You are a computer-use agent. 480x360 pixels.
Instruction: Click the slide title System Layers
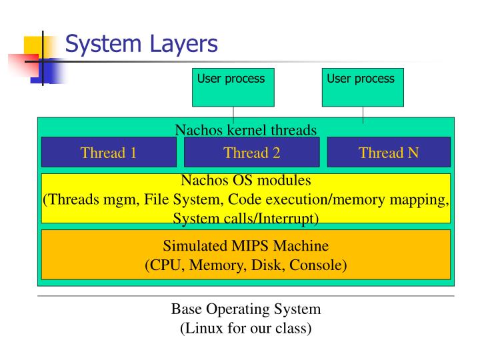coord(141,45)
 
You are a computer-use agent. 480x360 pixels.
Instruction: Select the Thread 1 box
coord(109,153)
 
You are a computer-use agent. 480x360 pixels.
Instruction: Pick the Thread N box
coord(389,153)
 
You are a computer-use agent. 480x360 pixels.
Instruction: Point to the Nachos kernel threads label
coord(245,129)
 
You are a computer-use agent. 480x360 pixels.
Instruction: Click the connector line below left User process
coord(233,115)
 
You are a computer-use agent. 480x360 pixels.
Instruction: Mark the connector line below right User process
coord(363,115)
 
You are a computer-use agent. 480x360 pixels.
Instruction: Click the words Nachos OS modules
coord(246,180)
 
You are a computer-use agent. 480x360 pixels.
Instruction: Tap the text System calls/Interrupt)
coord(246,218)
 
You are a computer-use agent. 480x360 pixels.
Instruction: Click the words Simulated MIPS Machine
coord(246,246)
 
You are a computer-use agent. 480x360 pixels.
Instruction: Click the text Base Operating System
coord(246,309)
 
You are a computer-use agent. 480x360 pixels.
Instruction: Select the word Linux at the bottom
coord(203,328)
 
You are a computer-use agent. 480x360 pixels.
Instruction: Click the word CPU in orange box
coord(165,265)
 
